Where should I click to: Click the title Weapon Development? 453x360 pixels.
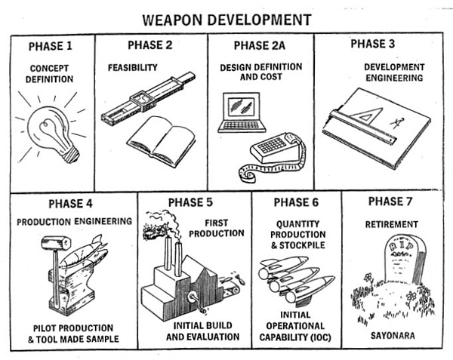click(226, 20)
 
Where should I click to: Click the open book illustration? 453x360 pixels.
click(162, 140)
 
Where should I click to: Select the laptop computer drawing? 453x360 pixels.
click(242, 112)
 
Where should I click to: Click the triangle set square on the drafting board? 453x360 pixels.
click(366, 115)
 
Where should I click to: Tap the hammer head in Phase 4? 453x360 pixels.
click(56, 243)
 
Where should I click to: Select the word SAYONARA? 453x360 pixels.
click(393, 336)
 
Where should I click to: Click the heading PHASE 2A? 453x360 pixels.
click(260, 45)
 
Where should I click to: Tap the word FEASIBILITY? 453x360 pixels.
click(133, 68)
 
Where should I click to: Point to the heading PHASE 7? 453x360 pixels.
click(390, 202)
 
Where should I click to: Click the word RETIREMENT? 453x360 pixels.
click(391, 224)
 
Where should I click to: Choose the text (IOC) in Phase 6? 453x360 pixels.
click(321, 337)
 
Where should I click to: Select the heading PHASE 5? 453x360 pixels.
click(190, 202)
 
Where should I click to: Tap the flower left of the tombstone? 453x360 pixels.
click(368, 278)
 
